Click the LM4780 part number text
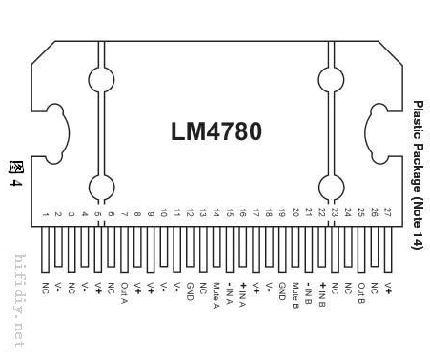pyautogui.click(x=215, y=130)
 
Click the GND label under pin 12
pyautogui.click(x=190, y=290)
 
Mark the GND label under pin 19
pyautogui.click(x=282, y=290)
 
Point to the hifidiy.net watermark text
pyautogui.click(x=18, y=300)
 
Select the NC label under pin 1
pyautogui.click(x=45, y=287)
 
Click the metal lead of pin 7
pyautogui.click(x=124, y=251)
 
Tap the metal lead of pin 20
pyautogui.click(x=296, y=251)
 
